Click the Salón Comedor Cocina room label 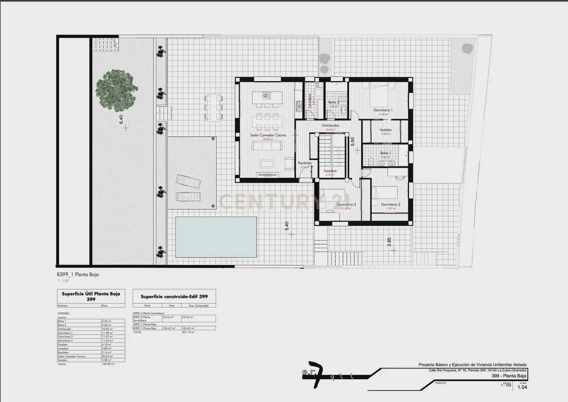click(268, 135)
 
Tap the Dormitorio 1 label click(383, 110)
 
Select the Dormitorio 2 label click(390, 204)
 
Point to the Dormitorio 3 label click(346, 204)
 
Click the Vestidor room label click(385, 130)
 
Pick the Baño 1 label click(385, 153)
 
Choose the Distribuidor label click(330, 125)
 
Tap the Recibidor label click(305, 163)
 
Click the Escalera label click(330, 171)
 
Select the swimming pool click(216, 237)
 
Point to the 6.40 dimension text click(121, 119)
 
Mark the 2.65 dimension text click(389, 242)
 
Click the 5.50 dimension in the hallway click(353, 141)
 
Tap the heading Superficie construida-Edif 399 click(174, 297)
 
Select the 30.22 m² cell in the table click(107, 356)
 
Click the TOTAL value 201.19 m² click(188, 332)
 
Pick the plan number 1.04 click(522, 387)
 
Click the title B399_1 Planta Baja click(78, 275)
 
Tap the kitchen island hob click(266, 96)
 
